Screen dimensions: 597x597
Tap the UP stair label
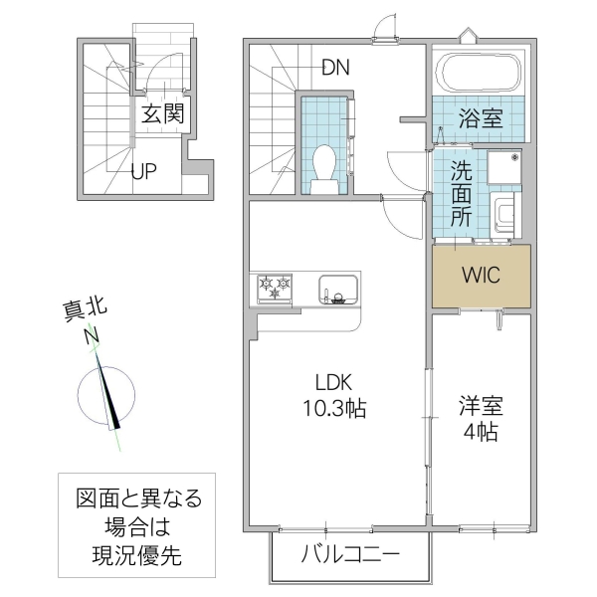point(144,170)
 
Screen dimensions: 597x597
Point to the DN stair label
point(335,68)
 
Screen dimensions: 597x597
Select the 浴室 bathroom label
point(480,118)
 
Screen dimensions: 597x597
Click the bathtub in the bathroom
point(481,73)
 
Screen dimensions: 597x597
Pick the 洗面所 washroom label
point(460,193)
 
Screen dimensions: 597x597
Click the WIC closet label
point(481,274)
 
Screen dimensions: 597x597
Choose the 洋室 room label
point(480,406)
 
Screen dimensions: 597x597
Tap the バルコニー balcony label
point(350,555)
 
